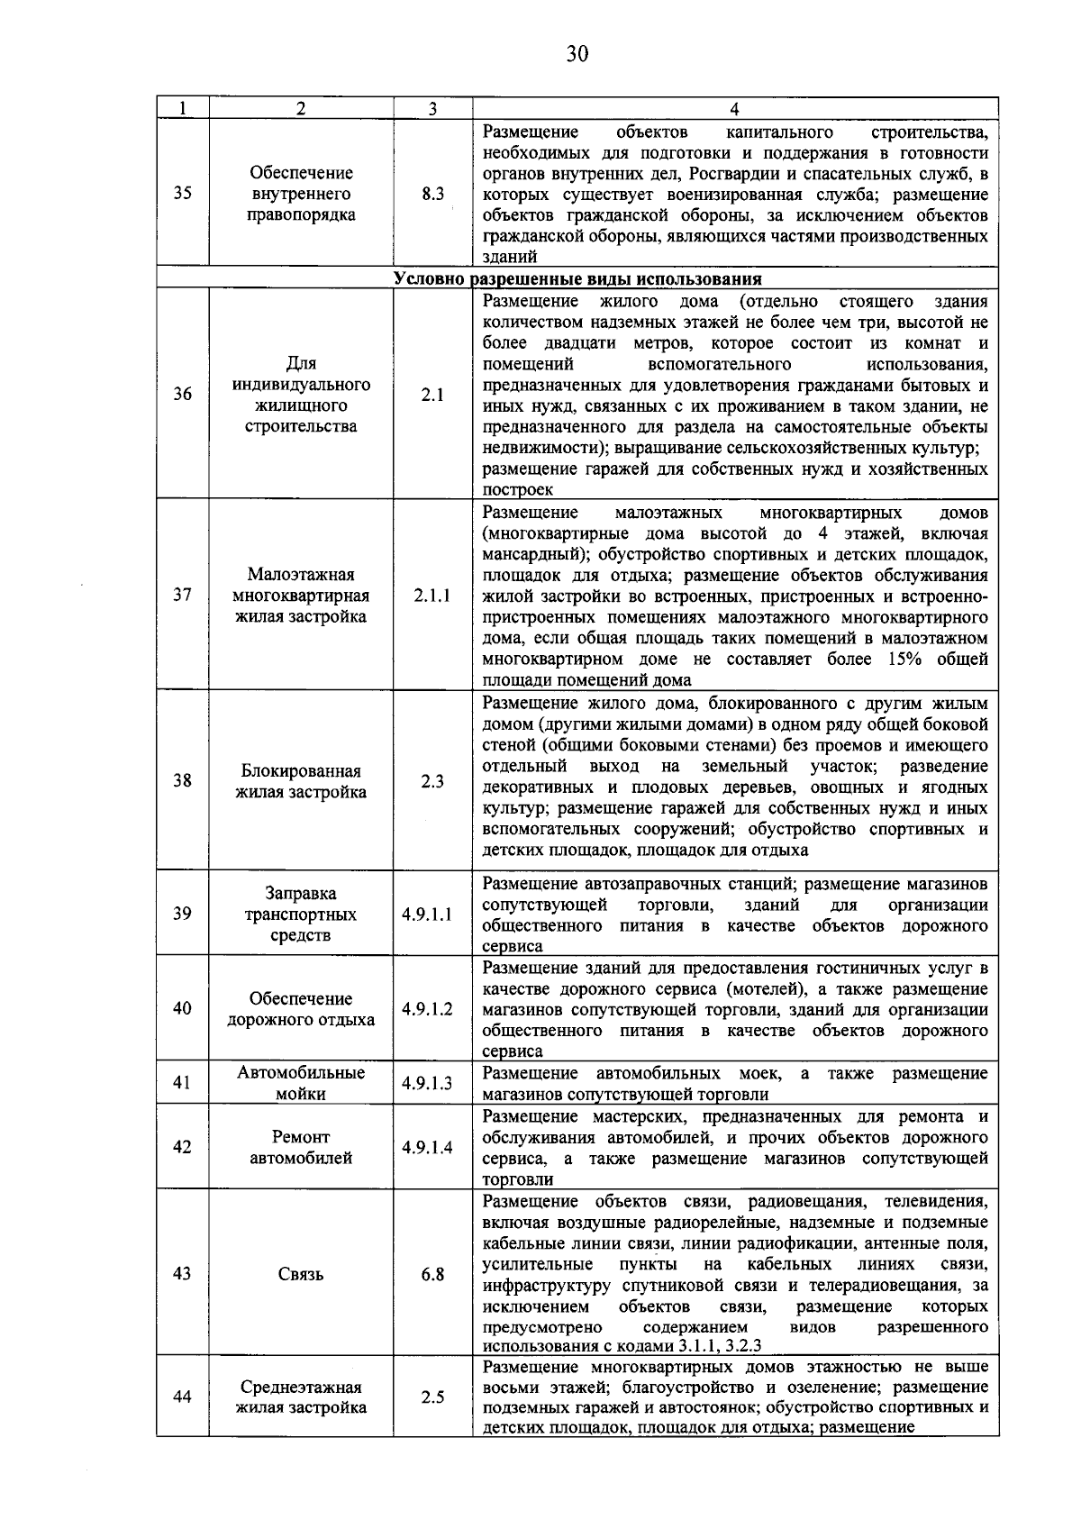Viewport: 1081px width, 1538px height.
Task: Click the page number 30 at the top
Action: coord(577,54)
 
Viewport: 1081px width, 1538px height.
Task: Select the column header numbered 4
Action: coord(734,108)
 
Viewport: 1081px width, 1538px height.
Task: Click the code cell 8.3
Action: coord(432,194)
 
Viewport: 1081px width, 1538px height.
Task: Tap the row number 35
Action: coord(183,194)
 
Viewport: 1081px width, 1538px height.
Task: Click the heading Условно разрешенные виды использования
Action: coord(577,278)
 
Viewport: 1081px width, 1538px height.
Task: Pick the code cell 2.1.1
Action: coord(432,596)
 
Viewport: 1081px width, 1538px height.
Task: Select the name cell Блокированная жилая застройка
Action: coord(301,782)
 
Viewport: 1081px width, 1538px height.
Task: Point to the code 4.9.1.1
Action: coord(428,915)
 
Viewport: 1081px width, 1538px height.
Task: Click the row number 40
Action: coord(183,1009)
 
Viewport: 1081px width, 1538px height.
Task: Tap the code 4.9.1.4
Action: coord(428,1148)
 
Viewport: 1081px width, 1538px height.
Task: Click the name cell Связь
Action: coord(301,1274)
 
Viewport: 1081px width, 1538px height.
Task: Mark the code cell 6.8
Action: coord(432,1274)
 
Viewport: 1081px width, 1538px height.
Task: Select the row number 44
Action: coord(183,1397)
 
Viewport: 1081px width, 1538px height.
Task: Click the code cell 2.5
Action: coord(432,1397)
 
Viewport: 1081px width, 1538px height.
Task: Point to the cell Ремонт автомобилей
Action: coord(301,1148)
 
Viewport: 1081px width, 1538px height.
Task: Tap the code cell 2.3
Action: coord(432,782)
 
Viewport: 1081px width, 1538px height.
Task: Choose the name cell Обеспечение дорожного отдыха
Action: coord(301,1009)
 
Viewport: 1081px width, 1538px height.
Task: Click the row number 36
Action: coord(183,395)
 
